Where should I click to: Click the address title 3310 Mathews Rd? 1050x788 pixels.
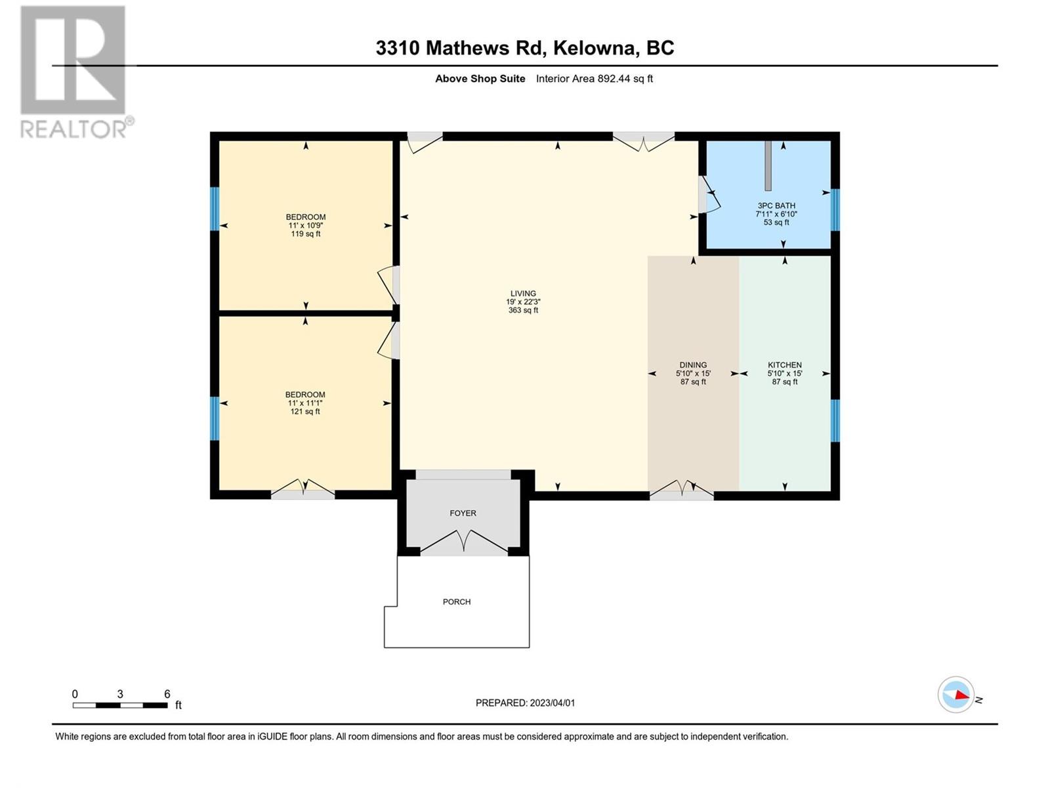coord(525,48)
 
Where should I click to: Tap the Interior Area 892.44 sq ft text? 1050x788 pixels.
coord(594,79)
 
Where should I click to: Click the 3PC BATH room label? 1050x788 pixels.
coord(776,206)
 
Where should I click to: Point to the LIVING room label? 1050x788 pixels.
coord(523,294)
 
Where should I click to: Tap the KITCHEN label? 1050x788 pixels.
coord(785,365)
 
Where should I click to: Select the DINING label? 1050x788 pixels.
coord(693,365)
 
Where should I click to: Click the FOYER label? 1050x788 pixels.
coord(463,513)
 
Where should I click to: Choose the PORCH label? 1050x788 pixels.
coord(457,602)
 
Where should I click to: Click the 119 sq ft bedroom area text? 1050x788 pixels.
coord(305,234)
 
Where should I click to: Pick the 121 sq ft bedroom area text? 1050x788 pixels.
coord(305,412)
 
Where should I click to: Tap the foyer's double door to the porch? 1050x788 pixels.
coord(463,542)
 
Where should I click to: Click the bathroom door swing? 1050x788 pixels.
coord(710,197)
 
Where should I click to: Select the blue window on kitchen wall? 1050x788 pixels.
coord(835,420)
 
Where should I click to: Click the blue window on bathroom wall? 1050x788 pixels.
coord(835,210)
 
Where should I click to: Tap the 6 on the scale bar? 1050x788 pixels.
coord(167,694)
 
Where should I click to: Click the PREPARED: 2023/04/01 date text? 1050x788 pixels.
coord(525,703)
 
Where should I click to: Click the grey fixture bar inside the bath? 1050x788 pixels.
coord(768,164)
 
